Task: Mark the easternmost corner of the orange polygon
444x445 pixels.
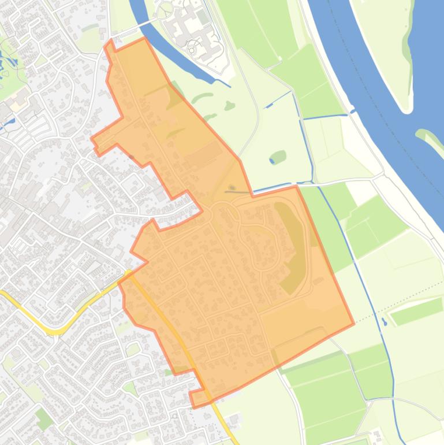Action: click(x=353, y=324)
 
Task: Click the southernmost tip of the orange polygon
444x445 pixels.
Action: click(x=193, y=406)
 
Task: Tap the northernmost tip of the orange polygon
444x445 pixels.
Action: click(x=110, y=41)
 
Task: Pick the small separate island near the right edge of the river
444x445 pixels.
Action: click(x=430, y=138)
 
